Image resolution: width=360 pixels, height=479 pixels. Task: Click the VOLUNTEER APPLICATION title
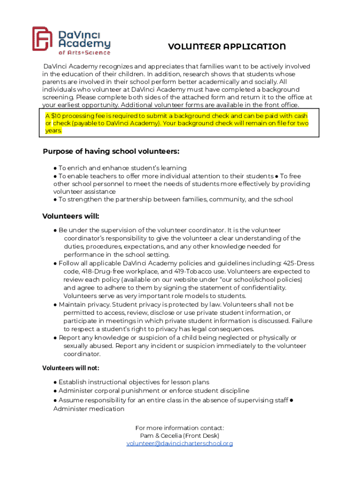(x=227, y=47)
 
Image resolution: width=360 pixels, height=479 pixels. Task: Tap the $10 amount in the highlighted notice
(x=55, y=116)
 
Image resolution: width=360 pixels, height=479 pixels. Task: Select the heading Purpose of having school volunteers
(x=111, y=152)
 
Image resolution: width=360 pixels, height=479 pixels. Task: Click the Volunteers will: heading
(x=71, y=216)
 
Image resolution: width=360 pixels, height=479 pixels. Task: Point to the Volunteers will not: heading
(x=71, y=368)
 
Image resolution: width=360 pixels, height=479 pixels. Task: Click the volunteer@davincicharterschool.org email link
(x=180, y=443)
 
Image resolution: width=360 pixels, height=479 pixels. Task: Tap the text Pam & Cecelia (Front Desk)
(x=180, y=435)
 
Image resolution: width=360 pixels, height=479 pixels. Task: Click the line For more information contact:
(x=180, y=428)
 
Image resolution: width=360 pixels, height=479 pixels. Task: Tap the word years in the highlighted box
(x=53, y=131)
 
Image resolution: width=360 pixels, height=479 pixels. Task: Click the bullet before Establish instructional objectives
(x=55, y=382)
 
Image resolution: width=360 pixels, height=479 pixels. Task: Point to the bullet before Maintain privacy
(x=55, y=305)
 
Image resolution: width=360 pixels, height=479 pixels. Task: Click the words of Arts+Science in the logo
(x=84, y=52)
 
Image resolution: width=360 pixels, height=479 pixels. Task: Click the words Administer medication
(x=89, y=409)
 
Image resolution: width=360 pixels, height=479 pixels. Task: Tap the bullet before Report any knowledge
(x=55, y=338)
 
